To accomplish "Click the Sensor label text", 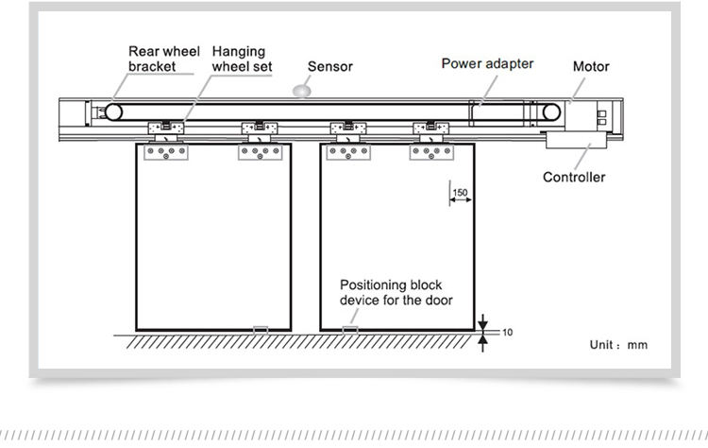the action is [330, 66].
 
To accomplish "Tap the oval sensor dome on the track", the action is [302, 91].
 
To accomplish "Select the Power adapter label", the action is [487, 63].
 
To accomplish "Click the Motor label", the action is [591, 66].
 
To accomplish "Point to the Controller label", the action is [574, 177].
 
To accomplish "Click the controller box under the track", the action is [576, 140].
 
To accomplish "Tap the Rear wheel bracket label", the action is [164, 59].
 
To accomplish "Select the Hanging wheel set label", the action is [242, 59].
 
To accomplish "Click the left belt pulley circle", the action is [114, 112].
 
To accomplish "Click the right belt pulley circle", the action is [551, 112].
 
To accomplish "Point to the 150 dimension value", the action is [460, 193].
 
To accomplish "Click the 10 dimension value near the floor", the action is [508, 333].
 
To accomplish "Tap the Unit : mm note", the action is [618, 345].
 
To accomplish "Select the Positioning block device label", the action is [396, 292].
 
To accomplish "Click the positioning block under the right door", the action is [350, 331].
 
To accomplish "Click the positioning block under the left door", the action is [261, 331].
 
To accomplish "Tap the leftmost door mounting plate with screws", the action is [166, 152].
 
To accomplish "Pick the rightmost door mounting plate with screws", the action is [431, 152].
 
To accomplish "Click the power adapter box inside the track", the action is [497, 113].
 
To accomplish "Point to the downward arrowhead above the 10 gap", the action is [482, 324].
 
